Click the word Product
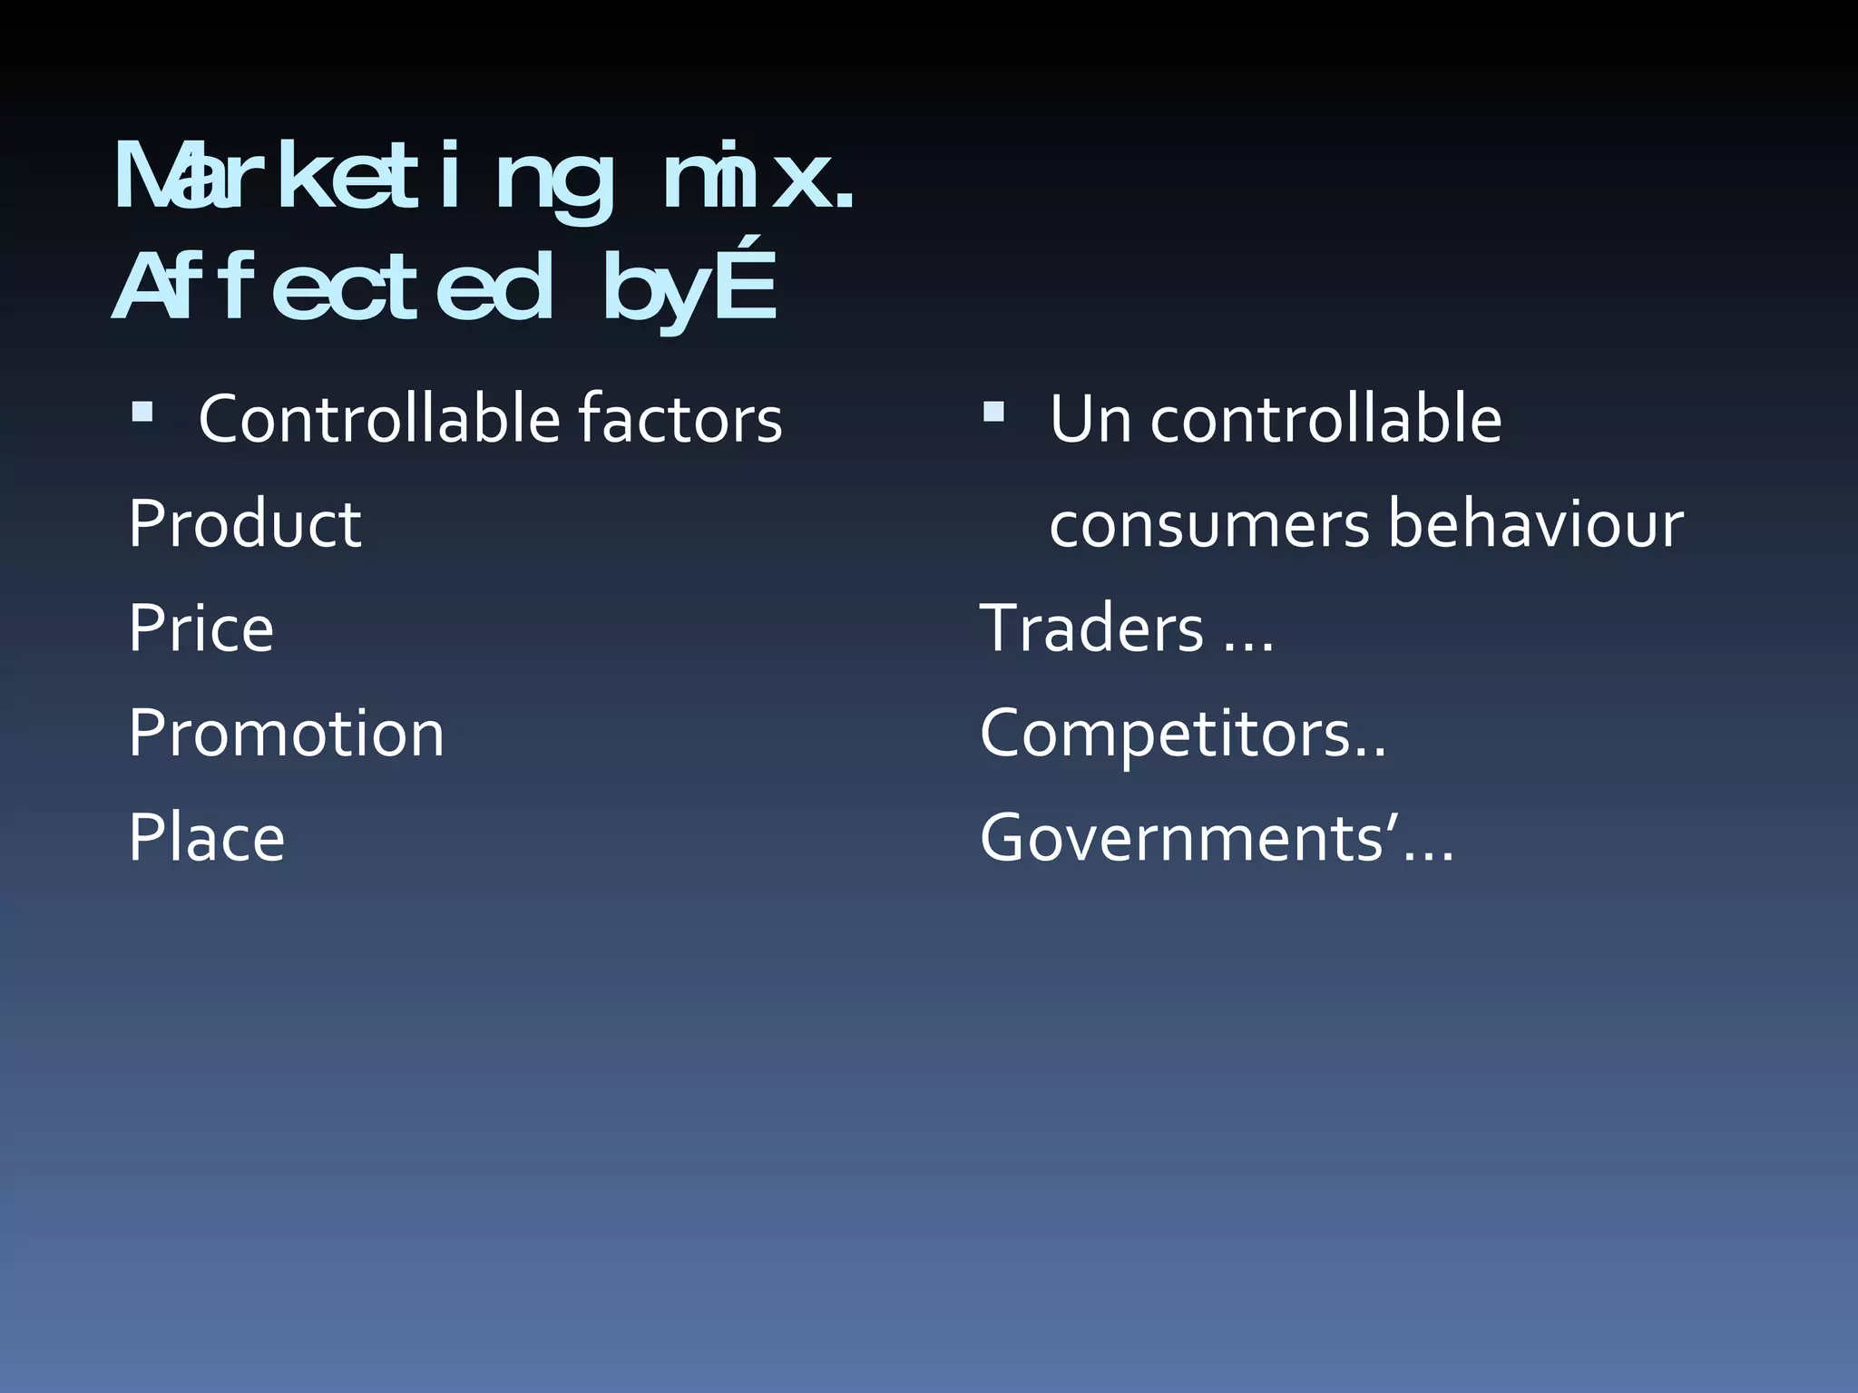pyautogui.click(x=245, y=524)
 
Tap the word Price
pyautogui.click(x=200, y=628)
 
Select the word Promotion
pyautogui.click(x=286, y=733)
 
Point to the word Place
pyautogui.click(x=206, y=838)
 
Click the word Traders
pyautogui.click(x=1091, y=628)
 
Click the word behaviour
pyautogui.click(x=1535, y=524)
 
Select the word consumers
pyautogui.click(x=1209, y=524)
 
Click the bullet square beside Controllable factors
pyautogui.click(x=142, y=414)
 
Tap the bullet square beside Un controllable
pyautogui.click(x=993, y=414)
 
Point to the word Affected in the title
pyautogui.click(x=332, y=288)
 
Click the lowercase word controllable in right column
pyautogui.click(x=1325, y=420)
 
